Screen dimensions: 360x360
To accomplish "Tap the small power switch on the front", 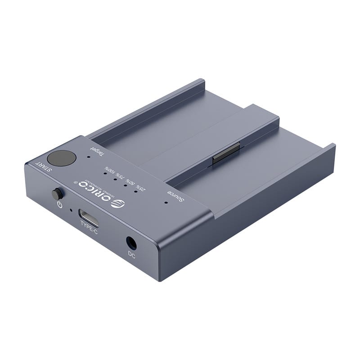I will coord(57,194).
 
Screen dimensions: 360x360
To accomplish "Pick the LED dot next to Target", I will coord(89,158).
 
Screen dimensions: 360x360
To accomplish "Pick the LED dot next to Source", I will coord(166,202).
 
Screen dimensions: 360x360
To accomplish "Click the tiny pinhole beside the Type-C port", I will coord(71,209).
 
